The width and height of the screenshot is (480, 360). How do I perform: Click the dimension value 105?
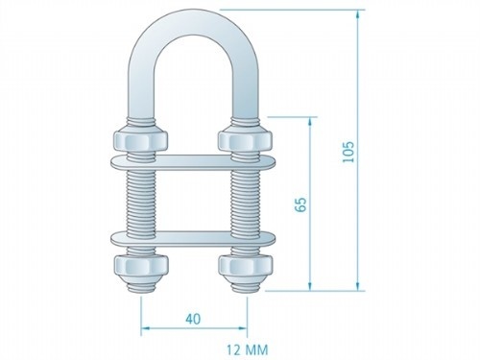click(348, 150)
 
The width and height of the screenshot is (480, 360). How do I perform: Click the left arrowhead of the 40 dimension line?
click(146, 328)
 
